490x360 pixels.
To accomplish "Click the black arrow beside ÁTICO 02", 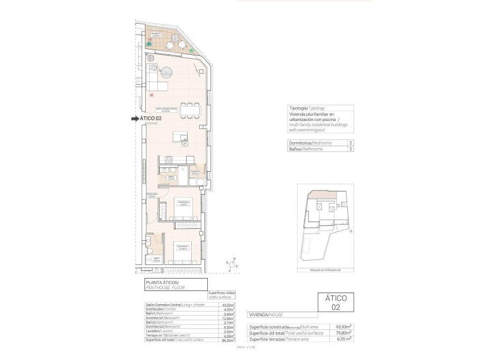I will (x=135, y=119).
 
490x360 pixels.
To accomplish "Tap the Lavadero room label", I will (x=195, y=172).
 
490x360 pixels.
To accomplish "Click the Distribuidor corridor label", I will (x=152, y=195).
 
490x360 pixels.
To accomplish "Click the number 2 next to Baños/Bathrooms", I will (x=350, y=149).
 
